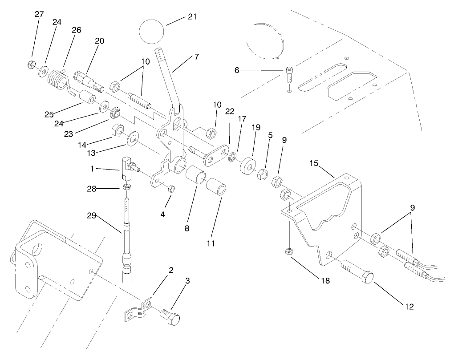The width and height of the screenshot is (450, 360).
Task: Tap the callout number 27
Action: pos(39,14)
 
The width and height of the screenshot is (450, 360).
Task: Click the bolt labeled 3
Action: pos(171,317)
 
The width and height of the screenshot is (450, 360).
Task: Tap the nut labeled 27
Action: pos(30,65)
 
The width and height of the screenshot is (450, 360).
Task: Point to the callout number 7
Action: pos(196,57)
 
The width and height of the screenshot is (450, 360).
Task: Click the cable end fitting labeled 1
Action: pos(126,167)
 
